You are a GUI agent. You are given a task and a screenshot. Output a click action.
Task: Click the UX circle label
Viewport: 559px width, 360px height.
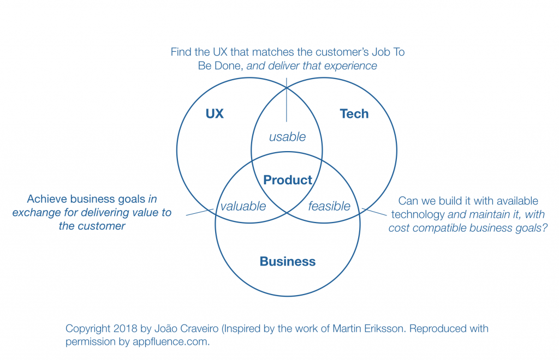215,114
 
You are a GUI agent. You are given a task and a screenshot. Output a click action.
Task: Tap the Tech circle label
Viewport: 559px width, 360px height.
354,114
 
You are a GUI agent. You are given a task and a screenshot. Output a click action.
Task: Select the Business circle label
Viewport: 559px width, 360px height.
288,262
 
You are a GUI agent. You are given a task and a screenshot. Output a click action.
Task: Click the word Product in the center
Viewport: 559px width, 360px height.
288,180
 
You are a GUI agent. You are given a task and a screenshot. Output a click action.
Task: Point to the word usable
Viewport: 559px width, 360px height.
287,137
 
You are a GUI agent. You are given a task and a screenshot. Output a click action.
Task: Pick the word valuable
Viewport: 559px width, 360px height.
243,206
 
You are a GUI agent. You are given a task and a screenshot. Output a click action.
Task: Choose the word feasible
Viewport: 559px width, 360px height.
329,206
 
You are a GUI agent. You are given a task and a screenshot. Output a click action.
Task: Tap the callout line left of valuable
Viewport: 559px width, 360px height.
199,212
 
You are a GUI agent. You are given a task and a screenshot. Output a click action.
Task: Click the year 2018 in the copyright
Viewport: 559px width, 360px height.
126,329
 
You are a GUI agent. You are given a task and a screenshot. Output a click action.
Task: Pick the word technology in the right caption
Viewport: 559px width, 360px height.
418,214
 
